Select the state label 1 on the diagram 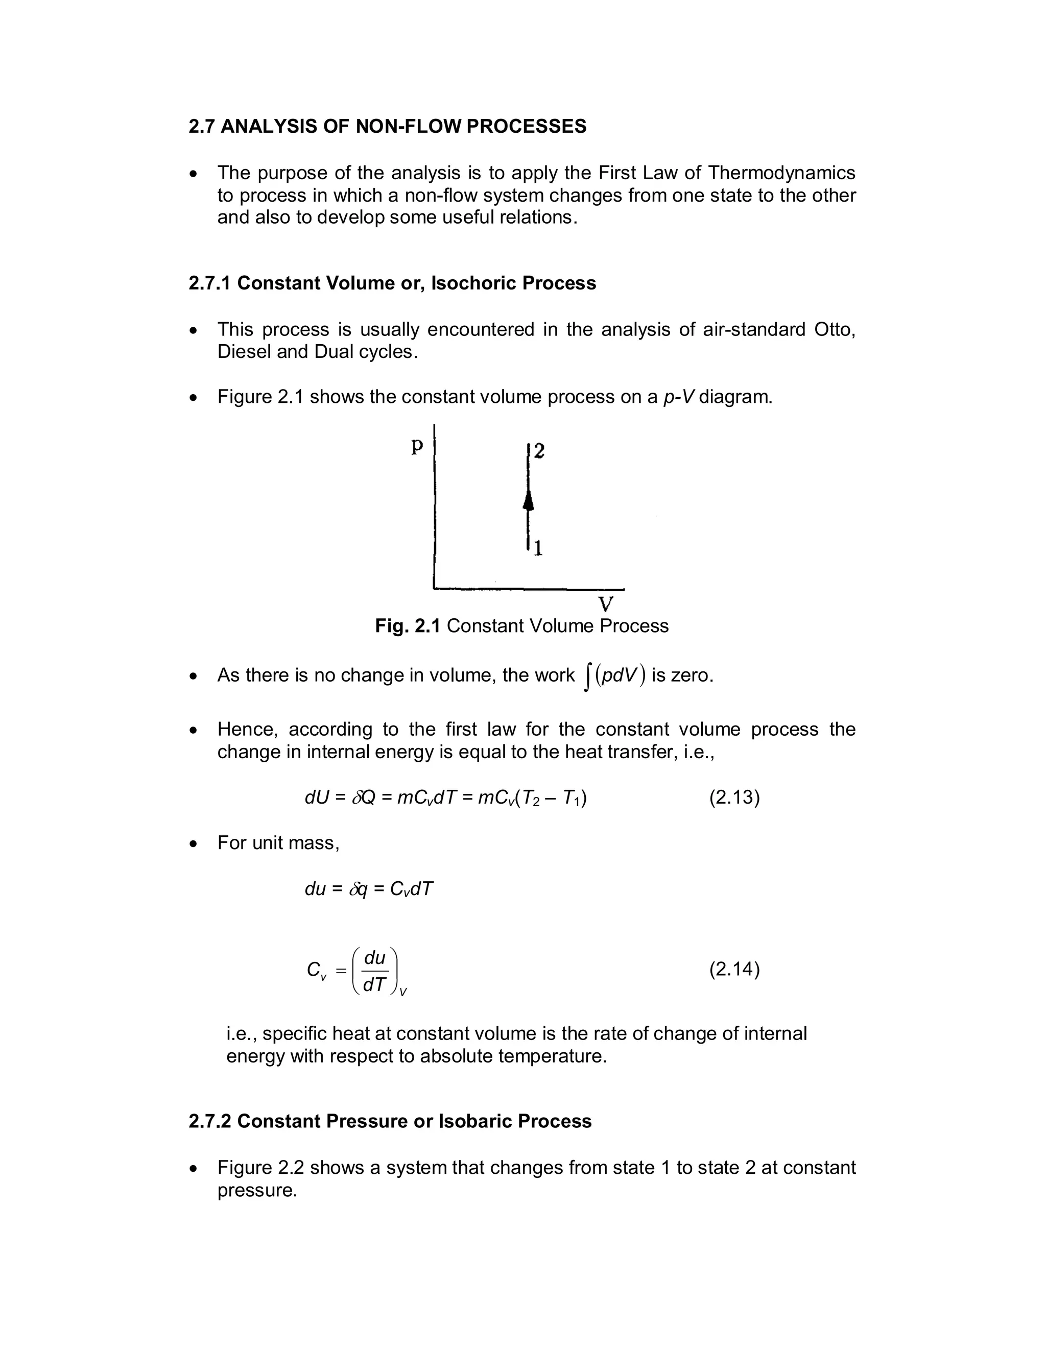(x=538, y=548)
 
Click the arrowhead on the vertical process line (x=528, y=499)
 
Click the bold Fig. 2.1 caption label (x=407, y=626)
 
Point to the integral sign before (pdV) (x=587, y=676)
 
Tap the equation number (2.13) (x=734, y=796)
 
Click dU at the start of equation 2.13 (x=316, y=796)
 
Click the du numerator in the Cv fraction (x=374, y=958)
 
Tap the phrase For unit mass (x=278, y=842)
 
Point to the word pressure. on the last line (x=257, y=1190)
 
